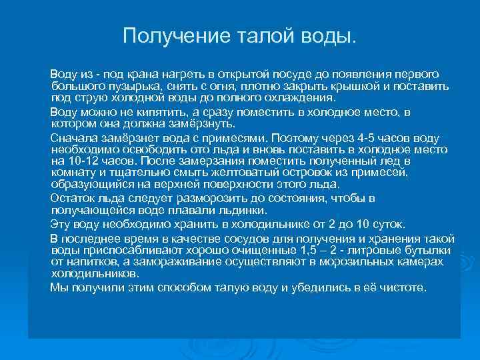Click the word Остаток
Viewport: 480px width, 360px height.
click(73, 198)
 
